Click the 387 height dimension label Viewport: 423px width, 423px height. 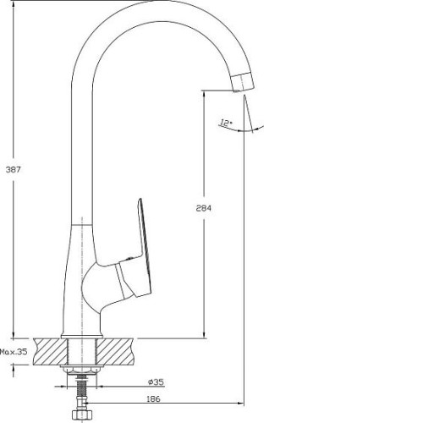[14, 170]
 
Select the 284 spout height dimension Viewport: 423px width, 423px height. [203, 208]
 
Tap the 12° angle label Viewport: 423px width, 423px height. [226, 123]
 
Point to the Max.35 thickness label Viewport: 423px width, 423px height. [14, 352]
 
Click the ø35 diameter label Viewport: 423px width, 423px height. [156, 382]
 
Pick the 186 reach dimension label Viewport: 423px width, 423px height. [153, 399]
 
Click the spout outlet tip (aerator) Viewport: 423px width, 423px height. [243, 82]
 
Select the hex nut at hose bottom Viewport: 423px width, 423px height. [81, 415]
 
